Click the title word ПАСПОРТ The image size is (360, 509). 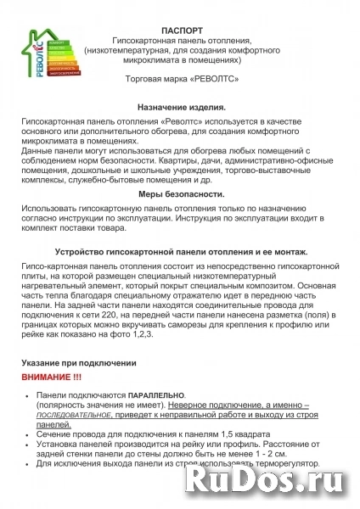[x=179, y=28]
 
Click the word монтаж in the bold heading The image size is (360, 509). [x=288, y=253]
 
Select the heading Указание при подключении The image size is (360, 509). [x=78, y=363]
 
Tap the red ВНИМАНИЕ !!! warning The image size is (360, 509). [x=52, y=375]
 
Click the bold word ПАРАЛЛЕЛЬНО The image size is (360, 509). [x=156, y=396]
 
